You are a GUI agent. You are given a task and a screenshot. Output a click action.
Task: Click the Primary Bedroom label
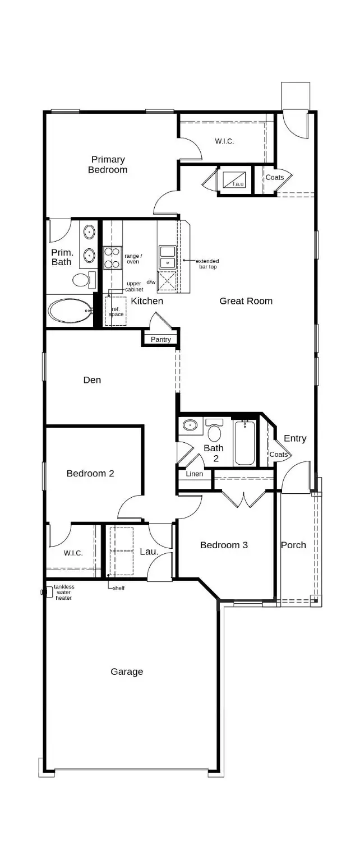point(108,165)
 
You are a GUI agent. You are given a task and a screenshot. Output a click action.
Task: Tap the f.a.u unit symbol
point(234,180)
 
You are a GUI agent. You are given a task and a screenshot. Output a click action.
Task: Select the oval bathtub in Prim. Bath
point(70,311)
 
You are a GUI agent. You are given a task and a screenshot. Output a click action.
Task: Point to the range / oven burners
point(112,258)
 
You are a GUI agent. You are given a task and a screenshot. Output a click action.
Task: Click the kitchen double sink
point(167,257)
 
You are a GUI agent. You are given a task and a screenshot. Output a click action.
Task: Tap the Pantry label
point(161,340)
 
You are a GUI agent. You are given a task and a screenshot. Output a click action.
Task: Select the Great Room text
point(246,301)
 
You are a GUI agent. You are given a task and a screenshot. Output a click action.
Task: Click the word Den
point(92,380)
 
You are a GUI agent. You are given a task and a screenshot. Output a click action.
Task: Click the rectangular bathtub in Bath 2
point(244,443)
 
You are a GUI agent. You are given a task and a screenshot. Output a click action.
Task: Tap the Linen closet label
point(195,474)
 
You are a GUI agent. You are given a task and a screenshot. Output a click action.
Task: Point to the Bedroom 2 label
point(90,473)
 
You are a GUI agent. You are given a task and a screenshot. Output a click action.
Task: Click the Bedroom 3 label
point(224,545)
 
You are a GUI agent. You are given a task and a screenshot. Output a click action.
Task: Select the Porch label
point(293,545)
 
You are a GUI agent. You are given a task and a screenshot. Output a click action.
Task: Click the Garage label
point(127,672)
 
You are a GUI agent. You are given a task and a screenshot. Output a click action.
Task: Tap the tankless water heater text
point(64,592)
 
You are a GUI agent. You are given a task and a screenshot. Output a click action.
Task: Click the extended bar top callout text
point(207,263)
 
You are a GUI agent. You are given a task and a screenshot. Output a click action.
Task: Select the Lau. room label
point(149,552)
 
